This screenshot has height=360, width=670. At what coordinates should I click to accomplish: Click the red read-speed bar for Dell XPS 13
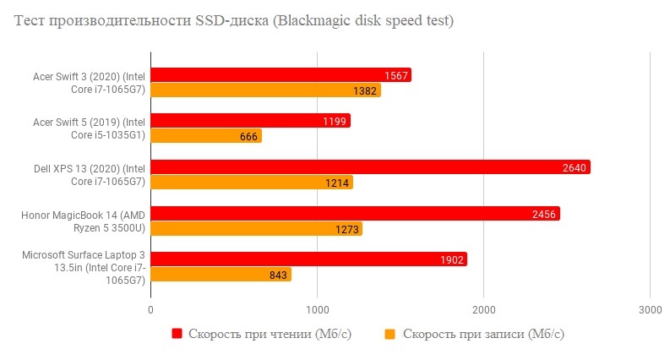click(370, 167)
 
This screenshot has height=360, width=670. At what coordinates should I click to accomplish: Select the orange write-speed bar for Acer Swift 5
click(206, 136)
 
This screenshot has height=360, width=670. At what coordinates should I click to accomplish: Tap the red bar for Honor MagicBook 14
click(355, 214)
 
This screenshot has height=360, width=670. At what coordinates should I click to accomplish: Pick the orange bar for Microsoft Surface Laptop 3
click(221, 275)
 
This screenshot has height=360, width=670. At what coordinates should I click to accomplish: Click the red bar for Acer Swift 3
click(281, 75)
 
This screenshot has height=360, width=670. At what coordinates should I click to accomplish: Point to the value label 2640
click(574, 167)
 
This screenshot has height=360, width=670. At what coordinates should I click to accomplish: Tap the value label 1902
click(452, 259)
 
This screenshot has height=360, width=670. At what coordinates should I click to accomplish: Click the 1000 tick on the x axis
click(318, 309)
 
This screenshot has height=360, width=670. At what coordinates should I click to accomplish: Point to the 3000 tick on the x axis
click(649, 309)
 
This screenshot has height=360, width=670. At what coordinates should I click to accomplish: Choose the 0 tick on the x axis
click(150, 309)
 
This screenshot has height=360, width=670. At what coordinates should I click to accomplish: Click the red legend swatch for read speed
click(177, 334)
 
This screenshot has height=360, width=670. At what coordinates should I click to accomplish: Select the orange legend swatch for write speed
click(390, 334)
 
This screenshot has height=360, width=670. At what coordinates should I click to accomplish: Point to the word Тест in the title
click(30, 22)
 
